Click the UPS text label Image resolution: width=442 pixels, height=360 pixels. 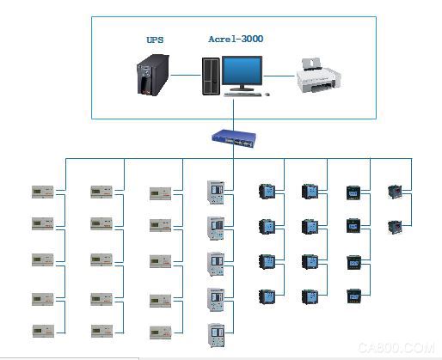(155, 40)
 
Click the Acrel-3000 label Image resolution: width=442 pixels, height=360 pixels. (236, 39)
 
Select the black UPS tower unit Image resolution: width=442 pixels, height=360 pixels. (153, 75)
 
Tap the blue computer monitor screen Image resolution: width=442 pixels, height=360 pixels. (242, 70)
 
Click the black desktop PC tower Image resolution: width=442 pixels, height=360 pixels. (211, 76)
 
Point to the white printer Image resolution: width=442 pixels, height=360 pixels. (318, 76)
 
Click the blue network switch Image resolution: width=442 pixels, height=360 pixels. (234, 139)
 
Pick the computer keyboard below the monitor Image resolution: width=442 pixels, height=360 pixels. (242, 95)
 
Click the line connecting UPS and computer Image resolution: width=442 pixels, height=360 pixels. (186, 76)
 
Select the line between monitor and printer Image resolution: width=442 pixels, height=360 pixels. (279, 76)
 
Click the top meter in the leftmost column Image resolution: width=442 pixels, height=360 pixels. (43, 192)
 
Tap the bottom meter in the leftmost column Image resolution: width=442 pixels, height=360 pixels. (43, 331)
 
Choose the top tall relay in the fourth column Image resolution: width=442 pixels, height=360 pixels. (216, 192)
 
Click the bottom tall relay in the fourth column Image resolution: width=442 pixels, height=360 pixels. (216, 335)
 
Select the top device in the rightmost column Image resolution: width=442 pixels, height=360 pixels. (395, 192)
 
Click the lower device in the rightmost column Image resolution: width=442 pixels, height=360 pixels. (395, 227)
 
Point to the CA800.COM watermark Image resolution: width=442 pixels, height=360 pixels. (396, 348)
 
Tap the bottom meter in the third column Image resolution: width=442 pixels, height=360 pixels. (161, 333)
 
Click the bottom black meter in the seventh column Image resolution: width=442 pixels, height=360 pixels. (353, 296)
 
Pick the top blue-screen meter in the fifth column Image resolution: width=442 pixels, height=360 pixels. (267, 192)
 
